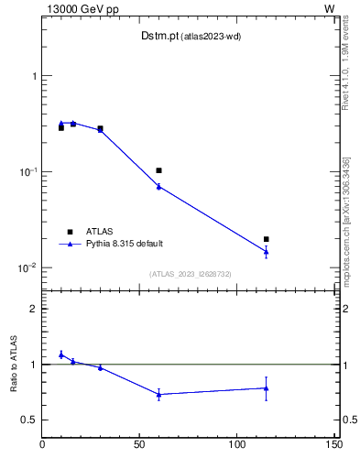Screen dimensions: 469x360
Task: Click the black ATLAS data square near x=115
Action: pos(267,239)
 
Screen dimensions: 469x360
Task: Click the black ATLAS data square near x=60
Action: pos(158,170)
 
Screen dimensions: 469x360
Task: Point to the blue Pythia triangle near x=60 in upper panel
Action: pos(158,186)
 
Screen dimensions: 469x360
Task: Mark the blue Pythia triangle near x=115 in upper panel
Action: pos(267,251)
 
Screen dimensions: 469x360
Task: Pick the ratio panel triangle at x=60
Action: pos(158,394)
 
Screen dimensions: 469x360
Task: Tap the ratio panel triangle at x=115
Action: pos(267,387)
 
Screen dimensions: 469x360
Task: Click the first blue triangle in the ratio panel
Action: pos(61,354)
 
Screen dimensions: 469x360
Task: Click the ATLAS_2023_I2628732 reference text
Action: pos(191,274)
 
